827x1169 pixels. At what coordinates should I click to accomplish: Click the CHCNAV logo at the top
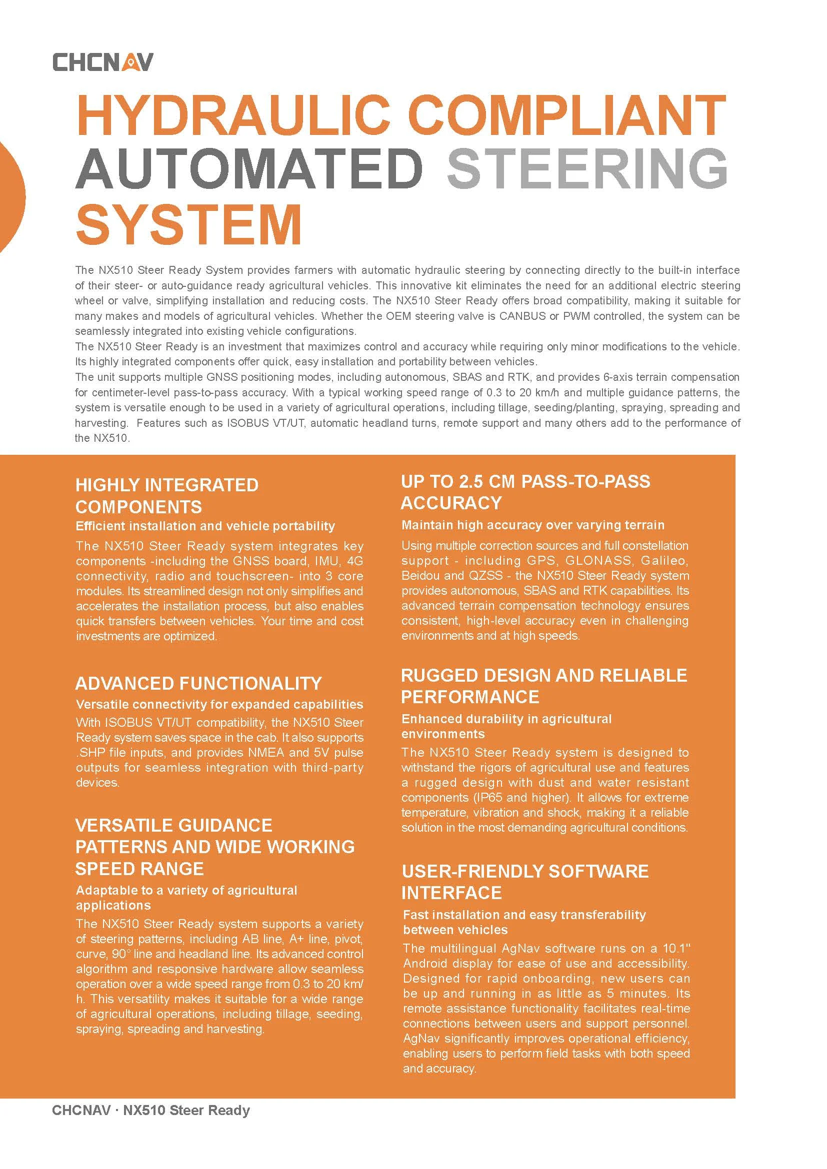click(102, 62)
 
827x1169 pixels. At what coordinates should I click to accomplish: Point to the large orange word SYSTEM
click(189, 224)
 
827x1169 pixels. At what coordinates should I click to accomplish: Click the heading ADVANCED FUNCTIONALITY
click(198, 683)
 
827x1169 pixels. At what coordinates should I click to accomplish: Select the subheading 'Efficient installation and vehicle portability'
click(205, 526)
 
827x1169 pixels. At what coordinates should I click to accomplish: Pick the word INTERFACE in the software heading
click(451, 893)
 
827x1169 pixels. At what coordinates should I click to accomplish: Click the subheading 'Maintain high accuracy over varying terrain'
click(532, 525)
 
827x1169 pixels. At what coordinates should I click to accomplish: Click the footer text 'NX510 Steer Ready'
click(186, 1125)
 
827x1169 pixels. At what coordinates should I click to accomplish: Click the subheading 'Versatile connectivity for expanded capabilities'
click(219, 704)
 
